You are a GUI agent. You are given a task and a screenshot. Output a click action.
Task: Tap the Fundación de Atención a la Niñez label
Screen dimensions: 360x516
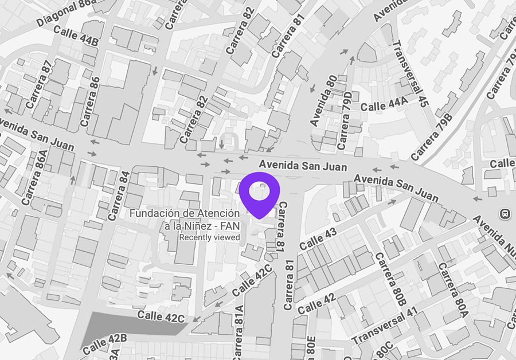tap(184, 219)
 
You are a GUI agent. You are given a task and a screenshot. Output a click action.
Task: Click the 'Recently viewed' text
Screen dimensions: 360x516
tap(209, 237)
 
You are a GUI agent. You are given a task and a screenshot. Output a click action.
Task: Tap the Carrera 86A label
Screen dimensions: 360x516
tap(33, 177)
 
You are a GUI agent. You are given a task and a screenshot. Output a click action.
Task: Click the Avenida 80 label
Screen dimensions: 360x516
tap(323, 100)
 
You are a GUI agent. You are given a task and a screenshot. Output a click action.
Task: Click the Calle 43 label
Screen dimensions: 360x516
tap(318, 237)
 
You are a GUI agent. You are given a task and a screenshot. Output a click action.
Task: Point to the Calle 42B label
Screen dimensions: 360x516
tap(104, 343)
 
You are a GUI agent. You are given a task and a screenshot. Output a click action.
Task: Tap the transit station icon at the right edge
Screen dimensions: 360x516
tap(505, 213)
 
